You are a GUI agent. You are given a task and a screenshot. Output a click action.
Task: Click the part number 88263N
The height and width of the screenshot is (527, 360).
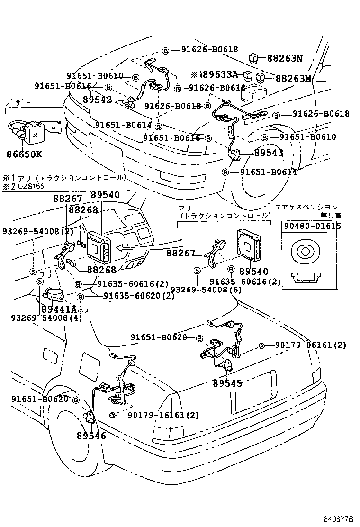[x=284, y=59]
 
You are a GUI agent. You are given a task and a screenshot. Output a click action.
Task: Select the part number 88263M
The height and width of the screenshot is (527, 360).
[x=293, y=78]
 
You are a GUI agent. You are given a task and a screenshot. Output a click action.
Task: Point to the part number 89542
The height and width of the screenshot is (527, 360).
[x=97, y=100]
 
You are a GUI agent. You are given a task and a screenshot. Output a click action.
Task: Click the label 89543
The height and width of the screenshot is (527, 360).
[x=269, y=153]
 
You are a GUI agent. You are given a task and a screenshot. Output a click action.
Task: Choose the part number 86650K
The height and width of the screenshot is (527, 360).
[x=24, y=154]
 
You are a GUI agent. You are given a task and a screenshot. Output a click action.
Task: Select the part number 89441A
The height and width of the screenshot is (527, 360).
[x=58, y=309]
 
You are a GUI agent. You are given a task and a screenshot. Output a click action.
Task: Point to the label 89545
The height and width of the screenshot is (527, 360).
[x=227, y=383]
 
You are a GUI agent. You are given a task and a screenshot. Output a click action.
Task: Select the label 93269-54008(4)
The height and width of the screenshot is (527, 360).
[x=46, y=318]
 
